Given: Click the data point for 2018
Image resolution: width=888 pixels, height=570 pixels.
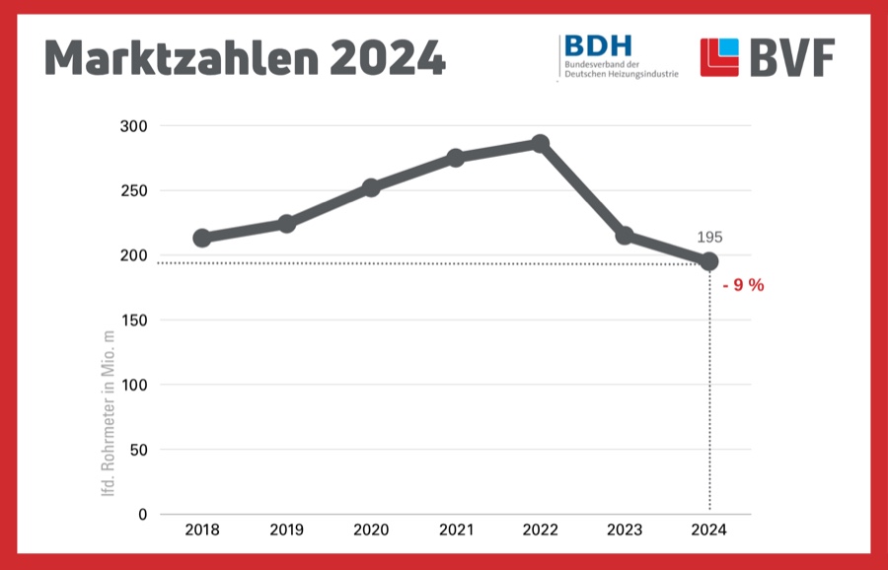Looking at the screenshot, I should (202, 238).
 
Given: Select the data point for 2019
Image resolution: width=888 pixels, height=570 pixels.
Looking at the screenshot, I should (286, 224).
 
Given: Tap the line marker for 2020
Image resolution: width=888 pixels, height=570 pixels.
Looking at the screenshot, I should (371, 187).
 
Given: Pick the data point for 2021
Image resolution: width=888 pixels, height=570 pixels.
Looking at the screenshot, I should (455, 158).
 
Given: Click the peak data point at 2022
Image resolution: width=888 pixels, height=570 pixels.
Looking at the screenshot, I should (540, 144).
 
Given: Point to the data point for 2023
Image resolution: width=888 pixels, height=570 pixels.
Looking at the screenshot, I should (624, 236).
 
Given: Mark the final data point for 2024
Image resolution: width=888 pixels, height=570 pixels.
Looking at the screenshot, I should (708, 261).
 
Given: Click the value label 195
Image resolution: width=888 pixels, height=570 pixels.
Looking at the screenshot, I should (709, 238).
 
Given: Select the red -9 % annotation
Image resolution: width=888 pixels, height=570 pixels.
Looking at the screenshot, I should (743, 286).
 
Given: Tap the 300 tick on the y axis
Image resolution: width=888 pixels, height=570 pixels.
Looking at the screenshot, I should (133, 126).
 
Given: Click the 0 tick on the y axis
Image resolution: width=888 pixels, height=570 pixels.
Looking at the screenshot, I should (142, 514).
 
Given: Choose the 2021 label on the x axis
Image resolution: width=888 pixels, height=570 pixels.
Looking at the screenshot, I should (455, 531).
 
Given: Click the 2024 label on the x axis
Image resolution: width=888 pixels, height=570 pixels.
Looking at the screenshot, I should (708, 531).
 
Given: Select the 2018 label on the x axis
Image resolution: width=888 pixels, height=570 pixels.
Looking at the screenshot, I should (202, 531).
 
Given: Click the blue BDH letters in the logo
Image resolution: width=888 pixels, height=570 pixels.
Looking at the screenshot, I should (597, 45).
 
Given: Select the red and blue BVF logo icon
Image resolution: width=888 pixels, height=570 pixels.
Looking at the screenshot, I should (719, 57).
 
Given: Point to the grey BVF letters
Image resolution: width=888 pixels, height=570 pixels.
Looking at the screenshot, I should (791, 59).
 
